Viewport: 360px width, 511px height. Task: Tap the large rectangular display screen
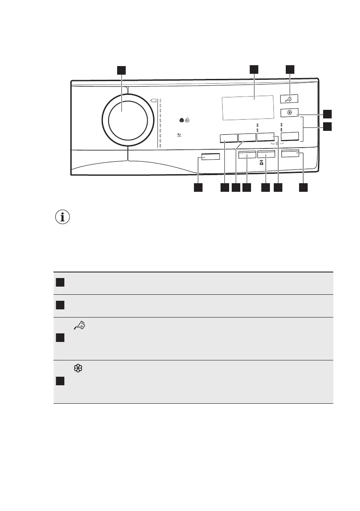tap(248, 108)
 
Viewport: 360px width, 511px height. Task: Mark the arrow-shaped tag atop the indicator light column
tap(154, 101)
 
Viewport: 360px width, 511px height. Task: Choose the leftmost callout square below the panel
tap(198, 187)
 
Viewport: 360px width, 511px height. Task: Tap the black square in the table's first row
tap(59, 282)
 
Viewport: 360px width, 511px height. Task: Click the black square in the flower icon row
tap(59, 381)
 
